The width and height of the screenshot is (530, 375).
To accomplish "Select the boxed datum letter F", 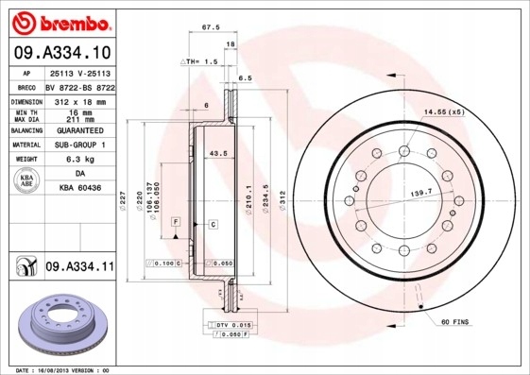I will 176,220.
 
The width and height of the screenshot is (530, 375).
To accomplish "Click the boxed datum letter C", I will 213,224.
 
